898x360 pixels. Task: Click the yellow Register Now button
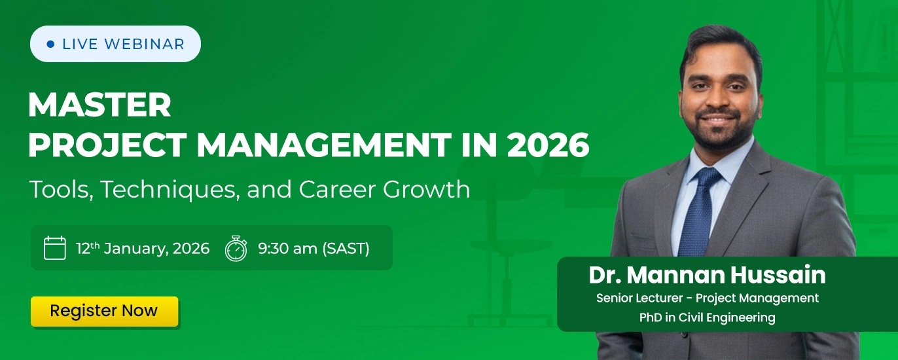coord(104,311)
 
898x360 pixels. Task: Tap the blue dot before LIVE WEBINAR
coord(50,45)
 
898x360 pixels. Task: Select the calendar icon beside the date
coord(55,248)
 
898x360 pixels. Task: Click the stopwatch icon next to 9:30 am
coord(236,249)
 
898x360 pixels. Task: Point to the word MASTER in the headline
coord(99,105)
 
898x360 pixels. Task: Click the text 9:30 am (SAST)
coord(314,249)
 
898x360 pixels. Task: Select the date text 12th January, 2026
coord(143,249)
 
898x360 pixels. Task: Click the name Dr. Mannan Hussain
coord(707,275)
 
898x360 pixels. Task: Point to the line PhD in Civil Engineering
coord(707,318)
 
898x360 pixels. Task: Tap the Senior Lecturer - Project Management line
coord(707,298)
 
